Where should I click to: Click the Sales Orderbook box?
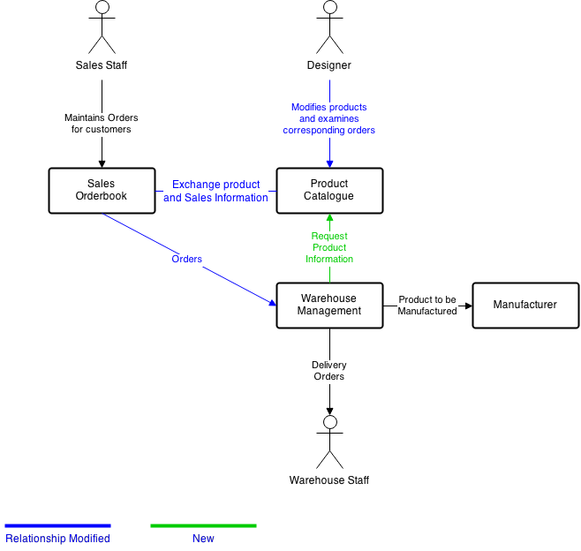pos(102,191)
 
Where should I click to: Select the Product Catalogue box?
pos(329,191)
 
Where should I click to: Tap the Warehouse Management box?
pos(329,306)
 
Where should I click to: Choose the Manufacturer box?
pos(525,306)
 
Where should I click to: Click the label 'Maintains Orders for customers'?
pos(102,124)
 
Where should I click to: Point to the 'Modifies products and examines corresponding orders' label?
pos(329,119)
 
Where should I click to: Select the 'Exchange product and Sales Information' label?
pos(215,192)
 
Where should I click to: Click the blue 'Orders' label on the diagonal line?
pos(187,260)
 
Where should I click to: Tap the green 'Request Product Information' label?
pos(329,248)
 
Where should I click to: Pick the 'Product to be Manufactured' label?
pos(427,306)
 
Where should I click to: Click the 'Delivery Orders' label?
pos(329,371)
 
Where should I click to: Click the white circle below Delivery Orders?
pos(330,422)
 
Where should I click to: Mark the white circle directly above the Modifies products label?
pos(330,7)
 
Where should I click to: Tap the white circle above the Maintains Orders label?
pos(102,7)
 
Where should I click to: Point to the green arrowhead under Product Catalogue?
pos(329,217)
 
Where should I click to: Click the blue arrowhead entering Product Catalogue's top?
pos(329,164)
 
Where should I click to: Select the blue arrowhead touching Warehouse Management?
pos(272,303)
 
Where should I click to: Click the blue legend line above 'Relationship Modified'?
pos(57,525)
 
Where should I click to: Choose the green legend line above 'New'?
pos(203,525)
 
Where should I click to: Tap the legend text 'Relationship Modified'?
pos(57,539)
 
